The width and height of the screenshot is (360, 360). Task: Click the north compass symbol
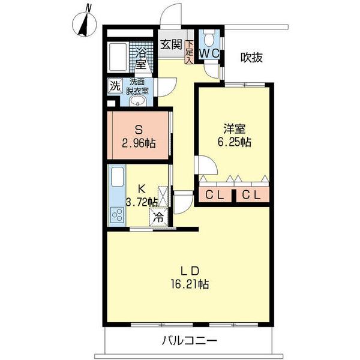(84, 24)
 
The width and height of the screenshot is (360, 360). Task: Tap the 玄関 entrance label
(171, 44)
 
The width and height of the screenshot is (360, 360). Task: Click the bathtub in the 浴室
(118, 57)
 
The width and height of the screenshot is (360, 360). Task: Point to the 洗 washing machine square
(115, 86)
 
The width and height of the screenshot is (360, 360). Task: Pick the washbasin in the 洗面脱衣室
(137, 101)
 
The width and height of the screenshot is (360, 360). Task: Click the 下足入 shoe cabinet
(189, 52)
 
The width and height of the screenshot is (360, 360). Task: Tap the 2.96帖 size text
(139, 144)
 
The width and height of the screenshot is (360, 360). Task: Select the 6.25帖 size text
(234, 142)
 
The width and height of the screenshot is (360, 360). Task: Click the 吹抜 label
(251, 58)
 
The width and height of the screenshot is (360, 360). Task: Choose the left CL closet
(215, 194)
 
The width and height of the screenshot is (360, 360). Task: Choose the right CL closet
(253, 194)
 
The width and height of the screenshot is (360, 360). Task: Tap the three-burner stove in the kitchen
(118, 215)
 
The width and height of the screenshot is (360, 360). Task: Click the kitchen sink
(118, 177)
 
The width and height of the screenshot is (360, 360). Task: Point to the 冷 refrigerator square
(158, 217)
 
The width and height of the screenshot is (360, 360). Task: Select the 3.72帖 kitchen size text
(142, 203)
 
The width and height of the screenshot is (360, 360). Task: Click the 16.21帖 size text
(190, 284)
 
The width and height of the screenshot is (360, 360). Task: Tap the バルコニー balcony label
(190, 340)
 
